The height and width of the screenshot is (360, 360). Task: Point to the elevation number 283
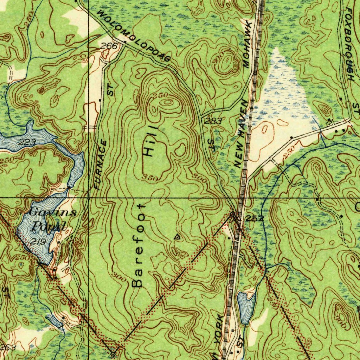(x=213, y=121)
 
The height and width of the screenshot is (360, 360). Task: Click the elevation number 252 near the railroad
(x=255, y=219)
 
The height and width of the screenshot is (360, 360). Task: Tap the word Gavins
(x=48, y=213)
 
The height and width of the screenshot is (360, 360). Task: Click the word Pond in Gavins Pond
(x=49, y=226)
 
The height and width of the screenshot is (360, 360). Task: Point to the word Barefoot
(x=138, y=245)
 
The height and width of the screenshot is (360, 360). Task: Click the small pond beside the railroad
(x=246, y=308)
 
